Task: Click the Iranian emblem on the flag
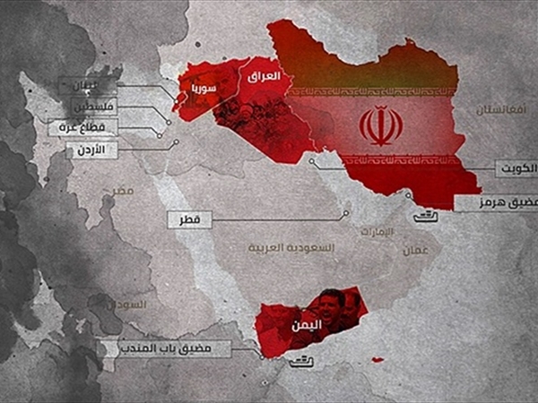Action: tap(380, 125)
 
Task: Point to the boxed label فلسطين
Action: tap(91, 107)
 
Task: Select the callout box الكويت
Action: tap(515, 167)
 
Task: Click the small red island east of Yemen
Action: tap(377, 360)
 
